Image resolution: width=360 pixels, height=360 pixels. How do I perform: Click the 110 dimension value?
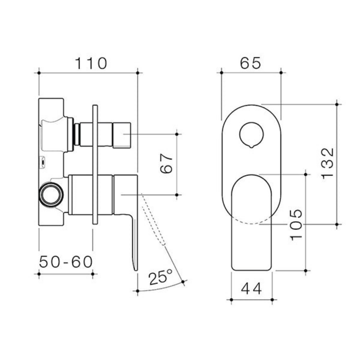pyautogui.click(x=91, y=63)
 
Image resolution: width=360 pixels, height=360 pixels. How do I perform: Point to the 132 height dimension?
pyautogui.click(x=327, y=164)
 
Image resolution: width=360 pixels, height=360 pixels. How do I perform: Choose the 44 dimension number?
pyautogui.click(x=252, y=288)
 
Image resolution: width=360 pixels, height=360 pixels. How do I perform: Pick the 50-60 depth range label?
pyautogui.click(x=66, y=262)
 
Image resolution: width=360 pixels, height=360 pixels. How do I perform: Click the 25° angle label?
pyautogui.click(x=160, y=277)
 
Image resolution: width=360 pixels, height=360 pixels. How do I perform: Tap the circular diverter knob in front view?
pyautogui.click(x=251, y=133)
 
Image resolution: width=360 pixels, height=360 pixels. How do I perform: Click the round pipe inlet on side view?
pyautogui.click(x=51, y=195)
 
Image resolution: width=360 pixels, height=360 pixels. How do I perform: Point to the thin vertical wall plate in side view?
pyautogui.click(x=95, y=164)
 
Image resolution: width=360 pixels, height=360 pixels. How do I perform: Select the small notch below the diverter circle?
pyautogui.click(x=251, y=146)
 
